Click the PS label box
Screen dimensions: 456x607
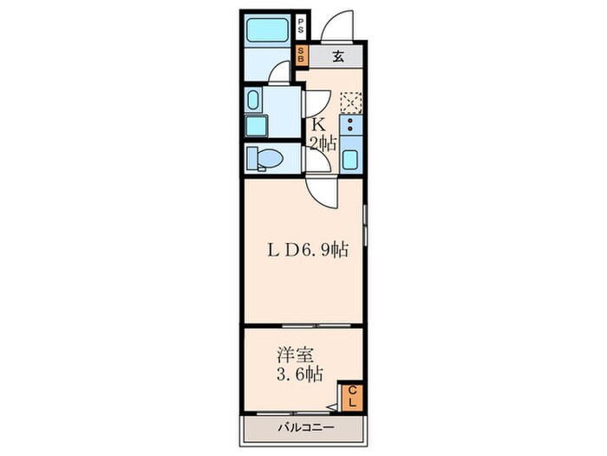(300, 24)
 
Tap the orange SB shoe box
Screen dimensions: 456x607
(300, 56)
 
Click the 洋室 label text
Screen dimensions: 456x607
(290, 356)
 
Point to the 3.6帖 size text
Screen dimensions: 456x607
(300, 375)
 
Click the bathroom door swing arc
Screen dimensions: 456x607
(277, 76)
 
